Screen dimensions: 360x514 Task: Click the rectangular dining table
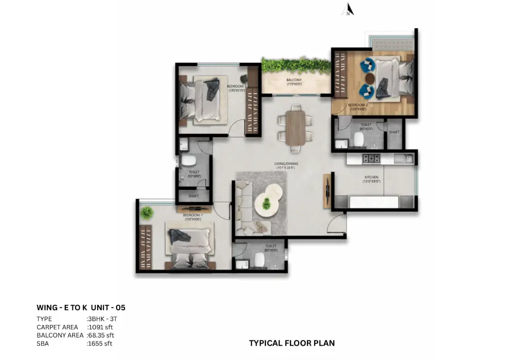click(x=295, y=127)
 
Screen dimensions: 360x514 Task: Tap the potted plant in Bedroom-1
click(x=148, y=212)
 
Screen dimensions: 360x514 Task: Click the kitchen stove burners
click(x=371, y=157)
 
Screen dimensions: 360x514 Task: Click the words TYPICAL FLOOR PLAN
click(x=292, y=343)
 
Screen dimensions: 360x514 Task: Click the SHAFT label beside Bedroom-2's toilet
click(x=394, y=132)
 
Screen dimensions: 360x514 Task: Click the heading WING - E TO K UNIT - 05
click(x=81, y=308)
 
